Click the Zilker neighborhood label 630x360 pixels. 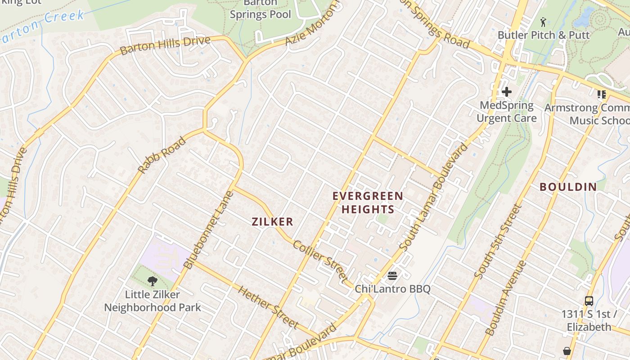272,221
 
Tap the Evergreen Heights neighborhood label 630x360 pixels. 368,202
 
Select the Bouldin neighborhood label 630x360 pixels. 568,187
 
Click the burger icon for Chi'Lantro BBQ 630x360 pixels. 392,275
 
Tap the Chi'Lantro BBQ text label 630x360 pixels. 392,289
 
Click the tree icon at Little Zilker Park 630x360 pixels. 153,281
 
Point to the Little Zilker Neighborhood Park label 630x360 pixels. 153,301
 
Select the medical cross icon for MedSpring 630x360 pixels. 507,92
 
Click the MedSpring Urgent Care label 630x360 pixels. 507,112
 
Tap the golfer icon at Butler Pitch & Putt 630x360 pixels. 543,22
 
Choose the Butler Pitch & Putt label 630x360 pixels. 543,35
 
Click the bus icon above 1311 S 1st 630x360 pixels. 589,301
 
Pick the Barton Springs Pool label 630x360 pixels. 261,9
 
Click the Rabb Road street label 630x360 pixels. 162,155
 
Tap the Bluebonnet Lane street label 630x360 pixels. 209,230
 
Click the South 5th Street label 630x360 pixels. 498,242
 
